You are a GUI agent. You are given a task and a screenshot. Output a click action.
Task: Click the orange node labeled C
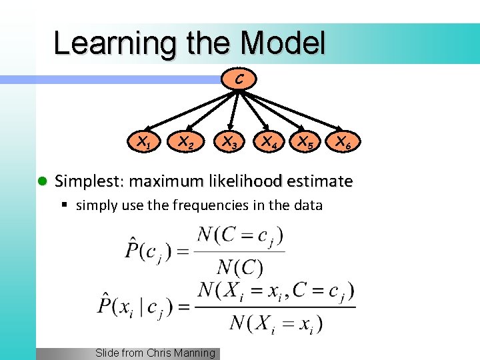coord(239,80)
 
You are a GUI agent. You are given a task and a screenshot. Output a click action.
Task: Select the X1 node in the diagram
coord(144,141)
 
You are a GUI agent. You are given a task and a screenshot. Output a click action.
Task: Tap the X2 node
coord(185,141)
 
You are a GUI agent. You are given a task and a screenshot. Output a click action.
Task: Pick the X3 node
coord(229,141)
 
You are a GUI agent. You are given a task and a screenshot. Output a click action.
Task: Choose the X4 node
coord(269,141)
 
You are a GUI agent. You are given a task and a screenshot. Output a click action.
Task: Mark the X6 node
coord(344,141)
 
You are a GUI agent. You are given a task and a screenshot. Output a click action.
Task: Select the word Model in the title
coord(283,43)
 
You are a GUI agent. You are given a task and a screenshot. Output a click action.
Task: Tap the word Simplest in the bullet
coord(89,181)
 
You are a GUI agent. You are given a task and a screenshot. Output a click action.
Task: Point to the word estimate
coord(319,181)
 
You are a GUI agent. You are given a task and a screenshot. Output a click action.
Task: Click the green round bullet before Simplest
coord(41,181)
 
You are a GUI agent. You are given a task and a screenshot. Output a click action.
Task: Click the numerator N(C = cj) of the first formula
coord(241,237)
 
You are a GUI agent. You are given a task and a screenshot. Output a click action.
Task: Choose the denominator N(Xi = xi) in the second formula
coord(276,324)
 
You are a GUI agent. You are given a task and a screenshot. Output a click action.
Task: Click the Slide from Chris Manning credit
coord(155,353)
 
